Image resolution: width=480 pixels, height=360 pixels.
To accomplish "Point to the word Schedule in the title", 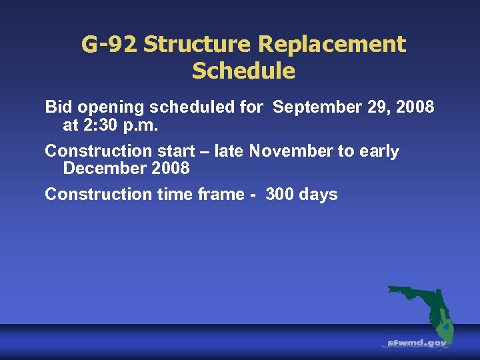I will pos(243,71).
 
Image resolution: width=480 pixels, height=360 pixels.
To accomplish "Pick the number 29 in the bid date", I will pos(367,107).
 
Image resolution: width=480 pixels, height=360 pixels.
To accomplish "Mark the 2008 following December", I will pos(171,169).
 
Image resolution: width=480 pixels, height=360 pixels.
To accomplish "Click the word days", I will pos(319,195).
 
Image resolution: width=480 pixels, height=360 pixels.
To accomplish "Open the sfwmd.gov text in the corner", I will pos(418,343).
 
